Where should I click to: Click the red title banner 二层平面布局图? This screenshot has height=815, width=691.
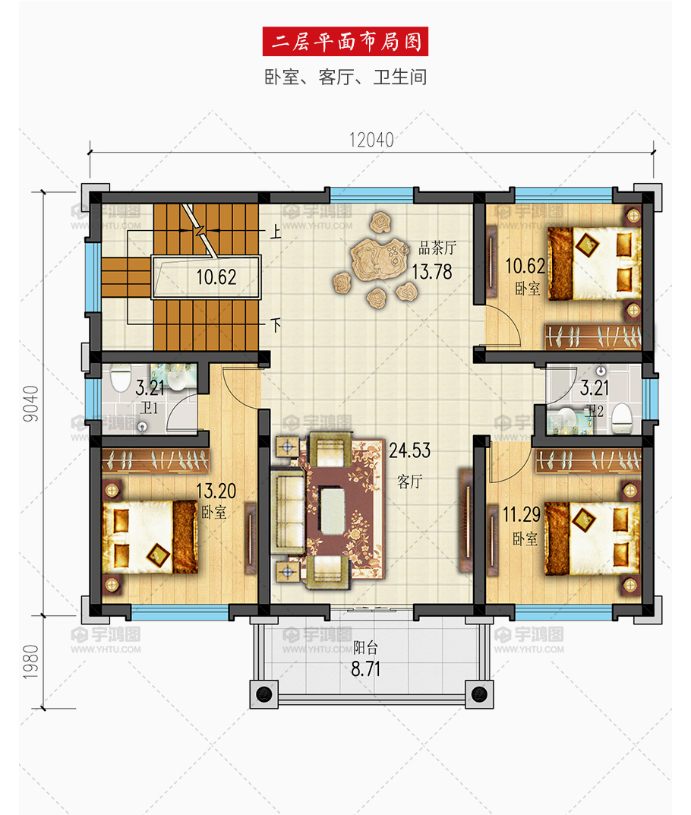[x=345, y=42]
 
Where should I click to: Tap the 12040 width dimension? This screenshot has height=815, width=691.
[x=371, y=140]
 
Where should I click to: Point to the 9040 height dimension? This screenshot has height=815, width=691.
[x=31, y=403]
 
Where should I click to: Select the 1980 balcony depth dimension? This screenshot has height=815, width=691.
[x=31, y=661]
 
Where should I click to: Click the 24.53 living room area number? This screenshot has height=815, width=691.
[x=409, y=450]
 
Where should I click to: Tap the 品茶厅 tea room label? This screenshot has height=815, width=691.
[x=437, y=248]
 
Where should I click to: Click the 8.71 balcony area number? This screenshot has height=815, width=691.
[x=366, y=669]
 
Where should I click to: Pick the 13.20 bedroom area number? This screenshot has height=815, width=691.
[x=216, y=491]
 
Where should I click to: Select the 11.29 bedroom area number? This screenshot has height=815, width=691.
[x=522, y=514]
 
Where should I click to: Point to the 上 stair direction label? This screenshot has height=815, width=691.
[x=276, y=232]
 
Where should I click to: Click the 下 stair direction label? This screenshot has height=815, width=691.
[x=276, y=325]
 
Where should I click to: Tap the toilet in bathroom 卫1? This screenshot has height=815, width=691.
[x=120, y=377]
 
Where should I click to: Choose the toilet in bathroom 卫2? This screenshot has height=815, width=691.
[x=621, y=419]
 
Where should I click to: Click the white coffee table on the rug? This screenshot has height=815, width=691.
[x=333, y=510]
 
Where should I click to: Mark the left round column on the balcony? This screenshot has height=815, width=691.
[x=264, y=693]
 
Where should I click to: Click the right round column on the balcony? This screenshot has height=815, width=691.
[x=479, y=693]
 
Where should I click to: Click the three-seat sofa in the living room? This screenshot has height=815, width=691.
[x=287, y=512]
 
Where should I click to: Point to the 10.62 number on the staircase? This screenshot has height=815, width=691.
[x=216, y=277]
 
